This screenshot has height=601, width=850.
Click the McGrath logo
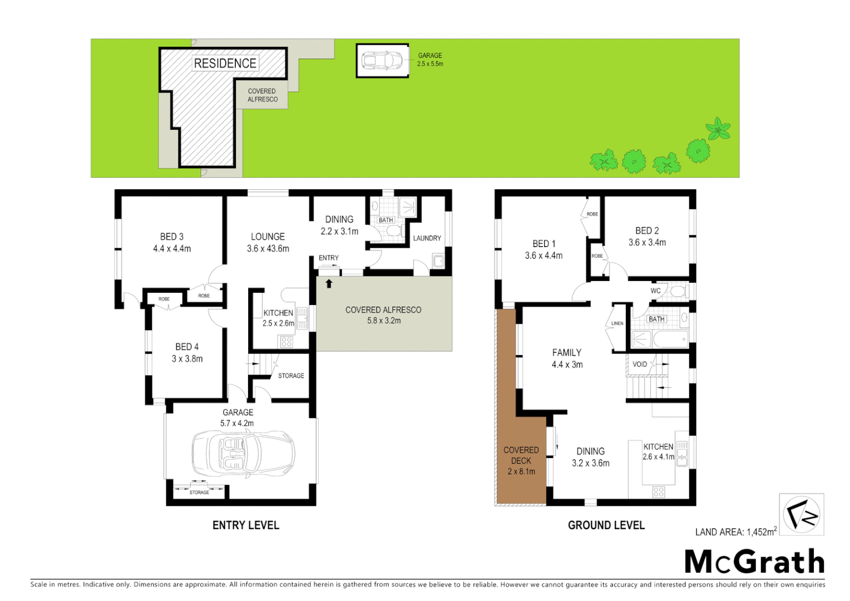[754, 561]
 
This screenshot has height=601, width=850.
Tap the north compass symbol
[801, 514]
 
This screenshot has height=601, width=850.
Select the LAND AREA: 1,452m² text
[735, 532]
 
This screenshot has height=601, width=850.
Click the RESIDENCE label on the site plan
[225, 63]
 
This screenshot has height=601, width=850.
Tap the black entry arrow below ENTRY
[329, 284]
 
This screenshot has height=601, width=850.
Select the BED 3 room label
[172, 237]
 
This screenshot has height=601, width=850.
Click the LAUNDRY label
[427, 238]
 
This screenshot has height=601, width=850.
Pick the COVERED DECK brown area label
[521, 455]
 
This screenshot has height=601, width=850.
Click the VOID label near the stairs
[640, 364]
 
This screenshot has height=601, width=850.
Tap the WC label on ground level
[656, 291]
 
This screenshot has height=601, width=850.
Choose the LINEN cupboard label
[617, 323]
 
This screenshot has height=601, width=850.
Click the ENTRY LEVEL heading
[246, 525]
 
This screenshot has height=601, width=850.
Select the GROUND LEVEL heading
[606, 525]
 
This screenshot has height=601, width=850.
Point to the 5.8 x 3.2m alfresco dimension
[384, 321]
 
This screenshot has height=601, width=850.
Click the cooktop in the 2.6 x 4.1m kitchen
[659, 492]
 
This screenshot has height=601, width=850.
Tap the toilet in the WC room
[677, 291]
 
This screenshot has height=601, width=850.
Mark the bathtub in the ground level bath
[670, 339]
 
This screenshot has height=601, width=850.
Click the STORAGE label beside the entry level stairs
[291, 376]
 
